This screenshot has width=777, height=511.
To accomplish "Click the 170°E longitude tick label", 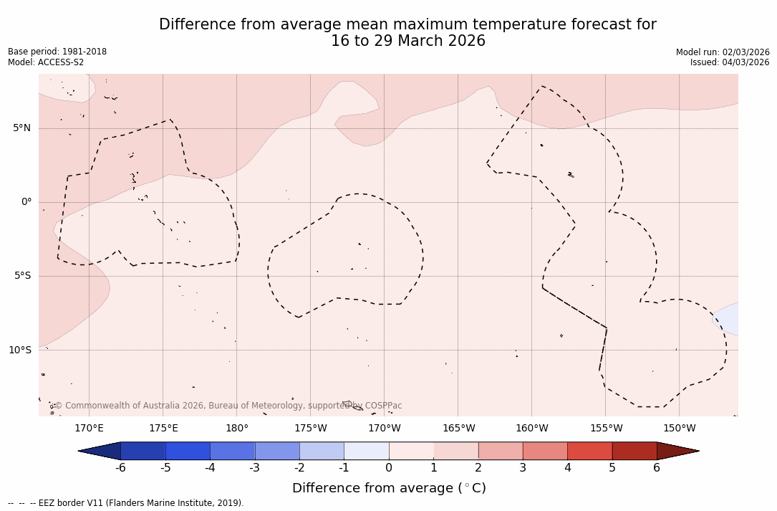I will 89,429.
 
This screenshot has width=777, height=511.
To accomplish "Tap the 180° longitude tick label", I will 237,429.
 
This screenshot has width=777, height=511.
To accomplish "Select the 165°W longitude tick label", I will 458,429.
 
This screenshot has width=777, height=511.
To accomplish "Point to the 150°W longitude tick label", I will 679,429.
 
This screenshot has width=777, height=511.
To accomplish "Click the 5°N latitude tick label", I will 21,128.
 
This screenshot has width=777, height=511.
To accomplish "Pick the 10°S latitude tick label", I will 19,350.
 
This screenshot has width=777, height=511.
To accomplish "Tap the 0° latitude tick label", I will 26,202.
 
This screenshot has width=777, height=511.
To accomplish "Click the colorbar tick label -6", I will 120,468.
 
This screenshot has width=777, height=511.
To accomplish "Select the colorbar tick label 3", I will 523,468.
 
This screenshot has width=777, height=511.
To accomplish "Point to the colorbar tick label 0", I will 389,468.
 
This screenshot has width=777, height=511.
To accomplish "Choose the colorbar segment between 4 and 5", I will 589,451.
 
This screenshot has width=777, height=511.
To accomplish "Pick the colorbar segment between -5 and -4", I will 188,451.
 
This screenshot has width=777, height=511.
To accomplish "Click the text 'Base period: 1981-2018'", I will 57,52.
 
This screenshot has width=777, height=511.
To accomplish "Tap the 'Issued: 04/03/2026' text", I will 730,62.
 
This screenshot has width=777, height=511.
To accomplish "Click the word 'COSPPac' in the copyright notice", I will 383,406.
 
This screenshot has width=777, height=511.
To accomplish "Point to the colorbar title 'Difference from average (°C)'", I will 389,488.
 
